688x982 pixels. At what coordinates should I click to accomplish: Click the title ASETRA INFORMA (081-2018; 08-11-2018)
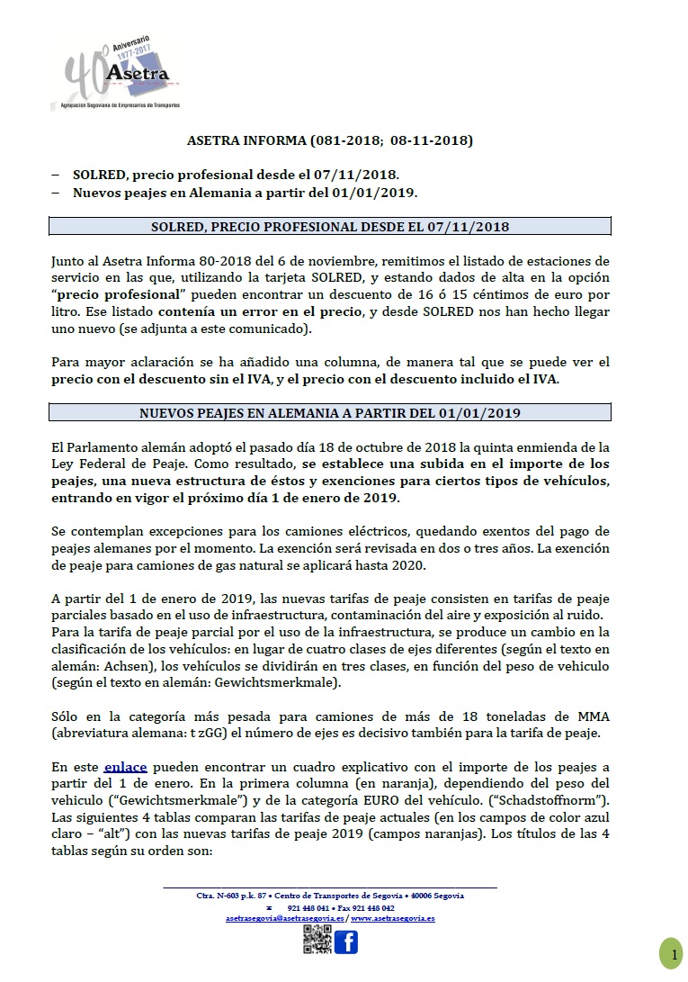point(329,140)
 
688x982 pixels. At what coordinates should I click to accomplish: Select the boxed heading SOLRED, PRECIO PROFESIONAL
point(330,226)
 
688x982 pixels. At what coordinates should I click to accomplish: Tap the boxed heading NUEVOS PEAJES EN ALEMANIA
point(330,413)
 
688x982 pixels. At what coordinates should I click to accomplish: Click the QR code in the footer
point(317,941)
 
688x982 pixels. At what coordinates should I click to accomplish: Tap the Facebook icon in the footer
point(345,941)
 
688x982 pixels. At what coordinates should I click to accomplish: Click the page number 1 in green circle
point(671,953)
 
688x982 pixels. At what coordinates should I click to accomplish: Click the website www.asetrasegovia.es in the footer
point(393,918)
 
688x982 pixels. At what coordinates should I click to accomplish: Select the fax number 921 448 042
point(371,908)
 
